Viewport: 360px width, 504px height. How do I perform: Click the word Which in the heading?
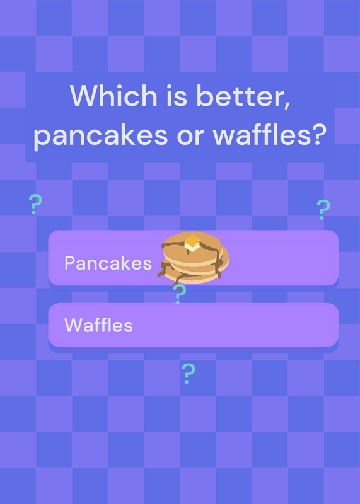coord(113,96)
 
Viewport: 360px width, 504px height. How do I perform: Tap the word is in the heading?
coord(177,96)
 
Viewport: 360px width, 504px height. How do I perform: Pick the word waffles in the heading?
coord(261,135)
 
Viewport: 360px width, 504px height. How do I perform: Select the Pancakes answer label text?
coord(108,263)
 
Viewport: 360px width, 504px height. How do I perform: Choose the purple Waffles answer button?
coord(194,324)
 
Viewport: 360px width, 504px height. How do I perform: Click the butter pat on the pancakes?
coord(192,243)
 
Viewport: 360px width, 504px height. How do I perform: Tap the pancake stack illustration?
coord(194,258)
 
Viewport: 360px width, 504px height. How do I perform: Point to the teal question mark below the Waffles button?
coord(189,373)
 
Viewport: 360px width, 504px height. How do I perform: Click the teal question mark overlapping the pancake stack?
coord(179,294)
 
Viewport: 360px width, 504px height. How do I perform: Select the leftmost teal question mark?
coord(35,204)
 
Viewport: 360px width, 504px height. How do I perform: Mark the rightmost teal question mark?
coord(323,210)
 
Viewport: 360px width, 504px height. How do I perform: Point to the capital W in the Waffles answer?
coord(73,325)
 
